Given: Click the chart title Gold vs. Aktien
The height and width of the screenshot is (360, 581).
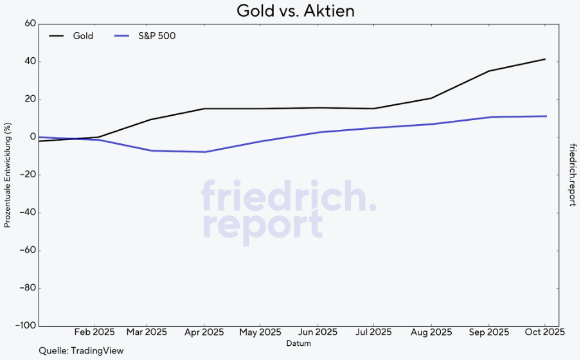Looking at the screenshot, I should click(x=296, y=11).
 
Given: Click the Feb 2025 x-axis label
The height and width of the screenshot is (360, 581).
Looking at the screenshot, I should click(x=94, y=332).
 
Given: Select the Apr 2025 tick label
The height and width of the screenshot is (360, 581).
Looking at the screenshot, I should click(x=204, y=332).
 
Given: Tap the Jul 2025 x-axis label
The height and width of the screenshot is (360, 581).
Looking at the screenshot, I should click(x=373, y=332).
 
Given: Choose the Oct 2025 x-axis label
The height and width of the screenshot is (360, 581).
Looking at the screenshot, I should click(x=545, y=332).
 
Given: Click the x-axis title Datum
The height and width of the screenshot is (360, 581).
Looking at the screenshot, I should click(x=299, y=344).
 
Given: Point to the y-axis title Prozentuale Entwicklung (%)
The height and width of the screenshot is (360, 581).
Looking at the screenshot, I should click(x=8, y=175).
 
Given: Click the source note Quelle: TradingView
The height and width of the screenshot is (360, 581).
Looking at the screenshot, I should click(x=81, y=351).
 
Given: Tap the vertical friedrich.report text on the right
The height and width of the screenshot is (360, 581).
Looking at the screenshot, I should click(x=572, y=174).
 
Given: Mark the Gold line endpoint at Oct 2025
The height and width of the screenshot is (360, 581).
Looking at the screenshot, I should click(x=545, y=59).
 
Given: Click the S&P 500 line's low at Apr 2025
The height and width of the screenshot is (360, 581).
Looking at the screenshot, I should click(x=204, y=152).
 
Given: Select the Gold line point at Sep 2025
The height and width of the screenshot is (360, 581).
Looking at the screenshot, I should click(x=488, y=71).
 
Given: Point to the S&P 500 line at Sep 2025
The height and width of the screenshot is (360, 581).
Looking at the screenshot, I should click(x=488, y=117).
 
